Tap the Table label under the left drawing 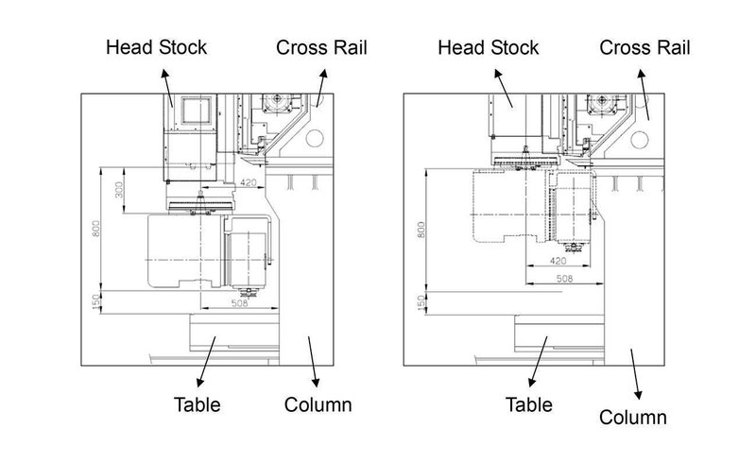pyautogui.click(x=197, y=405)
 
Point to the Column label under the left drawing pyautogui.click(x=318, y=405)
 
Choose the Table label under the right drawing pyautogui.click(x=527, y=405)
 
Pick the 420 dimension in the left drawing pyautogui.click(x=248, y=180)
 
